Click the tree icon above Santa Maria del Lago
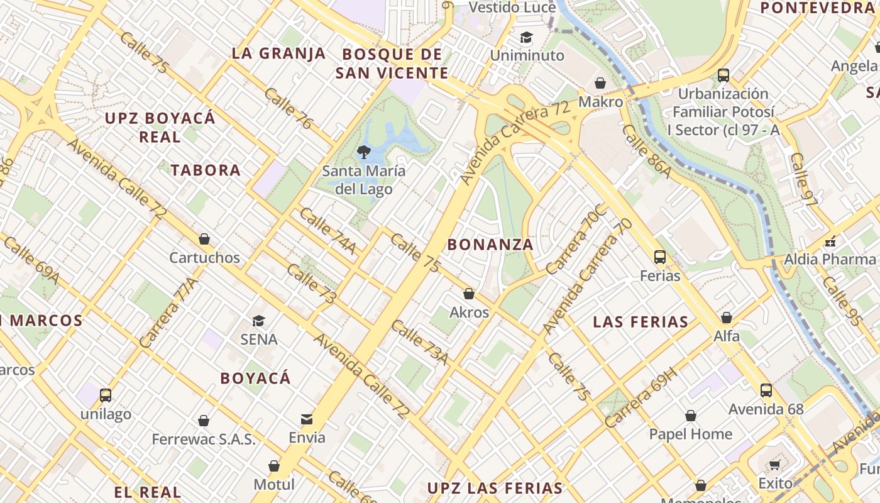(x=363, y=152)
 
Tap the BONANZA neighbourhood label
(x=490, y=245)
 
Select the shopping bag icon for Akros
(x=469, y=294)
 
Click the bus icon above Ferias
(x=660, y=257)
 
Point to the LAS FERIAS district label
(x=641, y=323)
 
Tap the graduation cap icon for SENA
(x=258, y=321)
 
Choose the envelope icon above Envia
(x=307, y=419)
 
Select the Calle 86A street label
(x=646, y=152)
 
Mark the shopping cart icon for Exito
(x=774, y=465)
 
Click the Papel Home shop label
(x=690, y=434)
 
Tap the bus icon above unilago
(x=106, y=395)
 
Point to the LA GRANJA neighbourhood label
(x=278, y=53)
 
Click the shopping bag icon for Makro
(x=600, y=83)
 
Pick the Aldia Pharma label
(x=829, y=259)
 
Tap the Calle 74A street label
(x=327, y=231)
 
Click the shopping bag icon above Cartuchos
(x=204, y=239)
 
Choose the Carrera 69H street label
(x=641, y=397)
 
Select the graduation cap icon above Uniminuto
(x=526, y=38)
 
